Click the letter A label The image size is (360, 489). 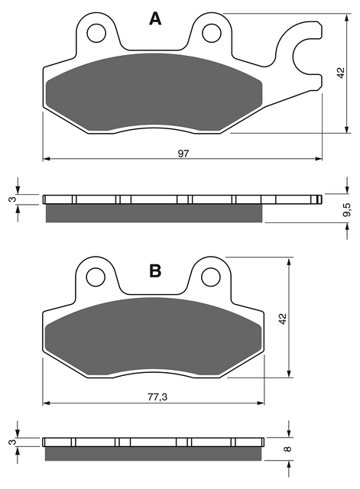(x=155, y=18)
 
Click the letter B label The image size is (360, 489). (x=155, y=270)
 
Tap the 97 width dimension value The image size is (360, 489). (x=183, y=154)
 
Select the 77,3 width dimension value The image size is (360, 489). (x=157, y=397)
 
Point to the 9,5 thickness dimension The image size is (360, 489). (x=347, y=209)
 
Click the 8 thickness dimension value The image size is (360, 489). (x=288, y=449)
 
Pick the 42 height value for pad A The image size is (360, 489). (x=341, y=73)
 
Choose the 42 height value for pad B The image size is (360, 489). (x=282, y=319)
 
